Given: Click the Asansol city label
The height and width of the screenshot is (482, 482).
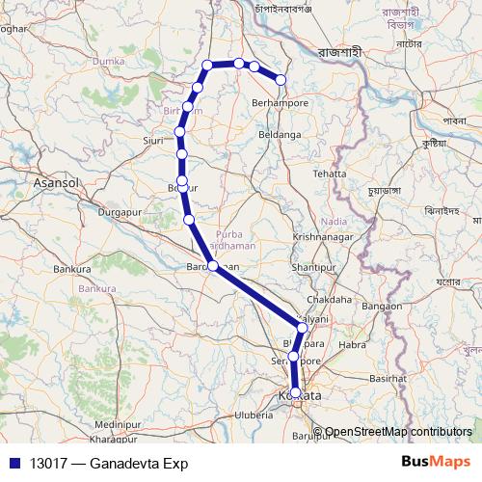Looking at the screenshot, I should [59, 181].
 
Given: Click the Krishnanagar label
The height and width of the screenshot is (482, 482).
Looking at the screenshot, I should [325, 236].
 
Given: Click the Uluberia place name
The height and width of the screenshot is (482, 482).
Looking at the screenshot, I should [254, 415].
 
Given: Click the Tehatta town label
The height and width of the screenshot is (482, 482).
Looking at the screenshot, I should [328, 174].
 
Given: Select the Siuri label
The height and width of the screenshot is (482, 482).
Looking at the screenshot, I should [152, 140].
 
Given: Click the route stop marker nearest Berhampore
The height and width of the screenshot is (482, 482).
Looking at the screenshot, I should [281, 80].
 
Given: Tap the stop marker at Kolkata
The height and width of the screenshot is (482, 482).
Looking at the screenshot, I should [295, 392].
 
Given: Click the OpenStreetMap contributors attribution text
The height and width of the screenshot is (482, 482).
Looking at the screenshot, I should [399, 432].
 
